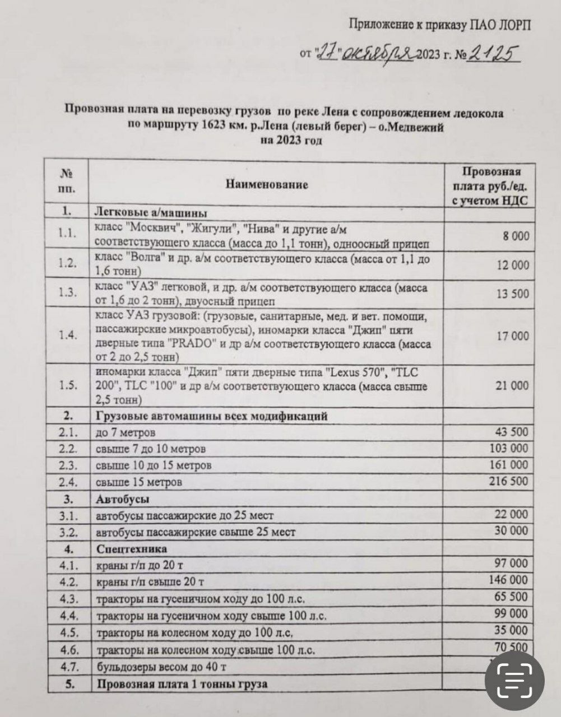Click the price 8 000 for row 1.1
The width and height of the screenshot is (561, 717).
click(x=515, y=236)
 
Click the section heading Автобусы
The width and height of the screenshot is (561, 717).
click(x=118, y=498)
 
